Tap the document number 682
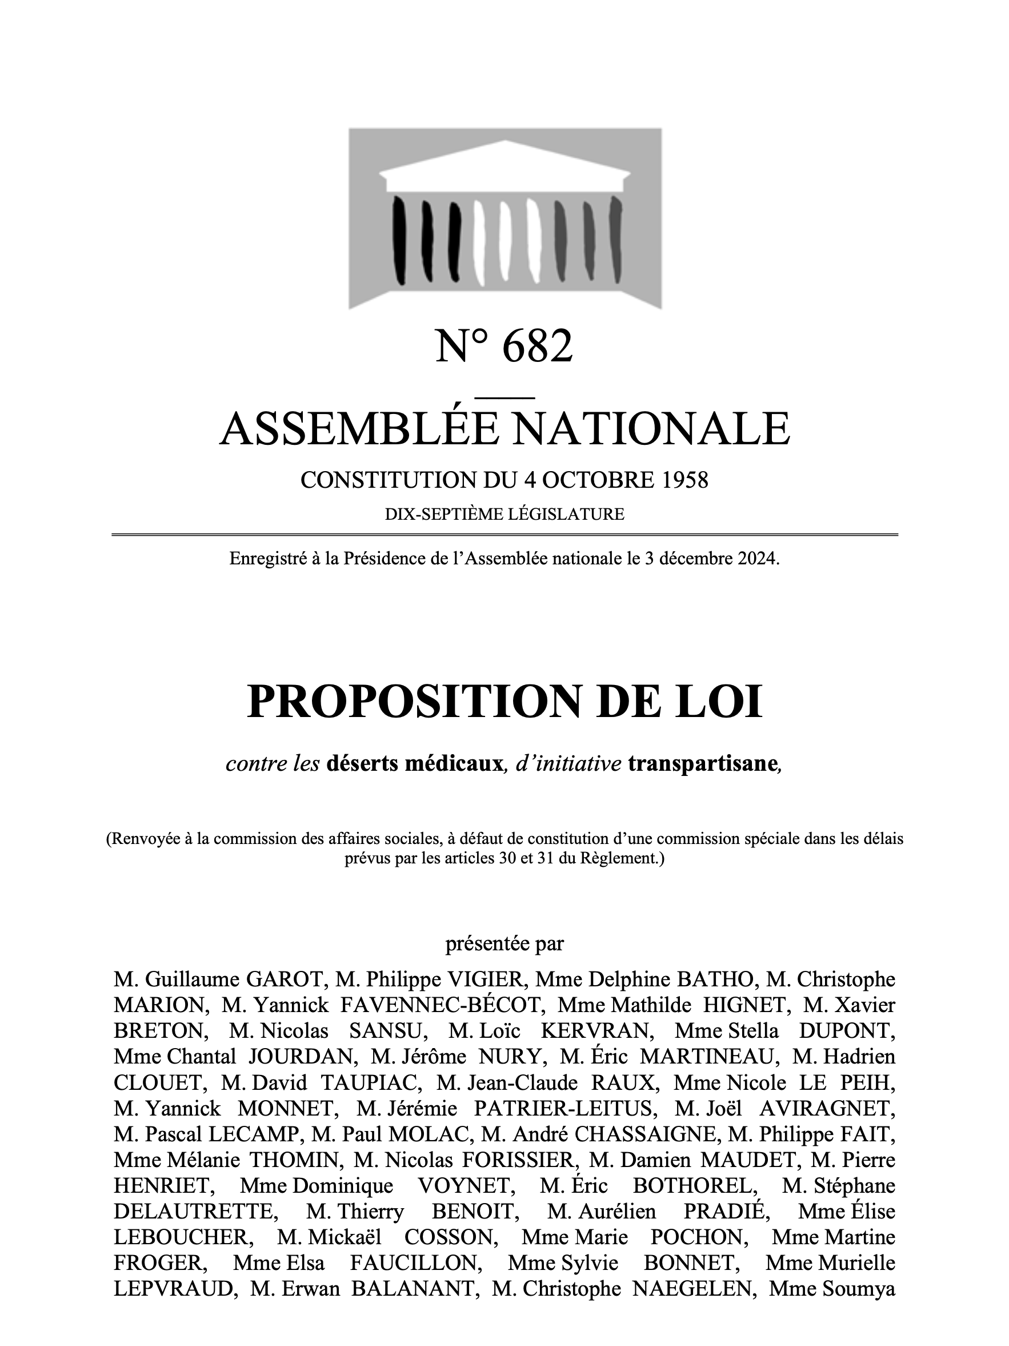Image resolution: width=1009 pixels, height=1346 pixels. click(x=538, y=347)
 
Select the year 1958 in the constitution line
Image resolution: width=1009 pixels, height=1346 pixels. click(x=685, y=480)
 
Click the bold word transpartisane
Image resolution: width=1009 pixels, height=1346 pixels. click(x=702, y=763)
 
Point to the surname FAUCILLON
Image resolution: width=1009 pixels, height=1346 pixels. click(x=416, y=1263)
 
